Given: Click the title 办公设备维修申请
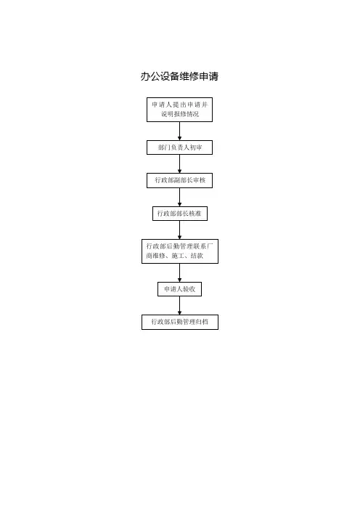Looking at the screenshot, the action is click(x=179, y=76).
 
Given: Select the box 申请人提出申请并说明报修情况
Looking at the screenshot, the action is click(x=179, y=110).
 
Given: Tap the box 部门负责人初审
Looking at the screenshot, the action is click(x=179, y=147).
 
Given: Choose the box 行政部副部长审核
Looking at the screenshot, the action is click(x=179, y=180).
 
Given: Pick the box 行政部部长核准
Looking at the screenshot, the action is click(x=180, y=214).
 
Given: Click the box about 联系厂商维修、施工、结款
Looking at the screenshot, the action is click(x=180, y=251).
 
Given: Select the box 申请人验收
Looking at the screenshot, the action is click(x=180, y=289).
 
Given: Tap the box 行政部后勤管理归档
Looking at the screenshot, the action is click(x=180, y=322).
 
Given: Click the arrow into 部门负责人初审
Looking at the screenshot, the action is click(x=179, y=131).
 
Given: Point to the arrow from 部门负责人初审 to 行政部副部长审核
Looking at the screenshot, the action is click(x=179, y=164).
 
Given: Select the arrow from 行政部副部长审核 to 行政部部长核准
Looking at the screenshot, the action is click(x=179, y=197).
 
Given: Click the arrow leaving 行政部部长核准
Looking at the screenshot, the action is click(x=179, y=230).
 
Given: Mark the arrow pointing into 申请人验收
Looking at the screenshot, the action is click(x=179, y=273).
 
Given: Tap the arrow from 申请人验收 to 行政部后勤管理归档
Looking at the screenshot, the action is click(x=179, y=305).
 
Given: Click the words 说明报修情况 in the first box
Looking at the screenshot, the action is click(x=180, y=114).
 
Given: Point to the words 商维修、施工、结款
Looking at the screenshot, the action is click(x=174, y=256).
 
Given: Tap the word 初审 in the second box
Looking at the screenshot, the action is click(x=195, y=147).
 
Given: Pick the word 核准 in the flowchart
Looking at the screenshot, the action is click(x=195, y=214).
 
